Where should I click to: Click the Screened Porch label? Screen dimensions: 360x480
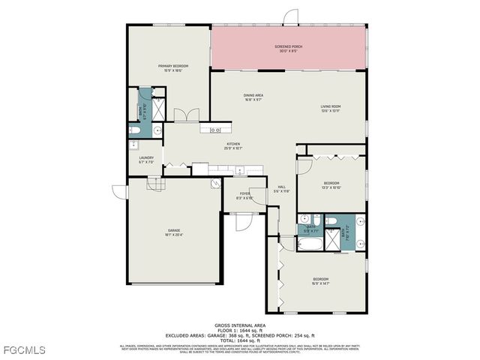pos(288,49)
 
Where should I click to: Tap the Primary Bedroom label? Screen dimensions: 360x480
pos(172,68)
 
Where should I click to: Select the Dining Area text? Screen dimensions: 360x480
pos(253,97)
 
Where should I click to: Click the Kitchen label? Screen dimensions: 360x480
pos(233,147)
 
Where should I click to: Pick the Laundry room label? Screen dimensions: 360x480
pos(145,160)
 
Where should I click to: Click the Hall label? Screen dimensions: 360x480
pos(282,189)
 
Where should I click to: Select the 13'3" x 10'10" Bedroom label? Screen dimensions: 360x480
pos(331,185)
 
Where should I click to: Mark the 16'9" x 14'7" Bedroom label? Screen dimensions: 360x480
pos(320,281)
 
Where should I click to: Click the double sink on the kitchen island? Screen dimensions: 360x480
pos(205,130)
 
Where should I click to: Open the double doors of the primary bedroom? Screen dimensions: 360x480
pos(185,115)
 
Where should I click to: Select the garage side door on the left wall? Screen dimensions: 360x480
pos(118,191)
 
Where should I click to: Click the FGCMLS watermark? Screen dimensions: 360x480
pos(23,350)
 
